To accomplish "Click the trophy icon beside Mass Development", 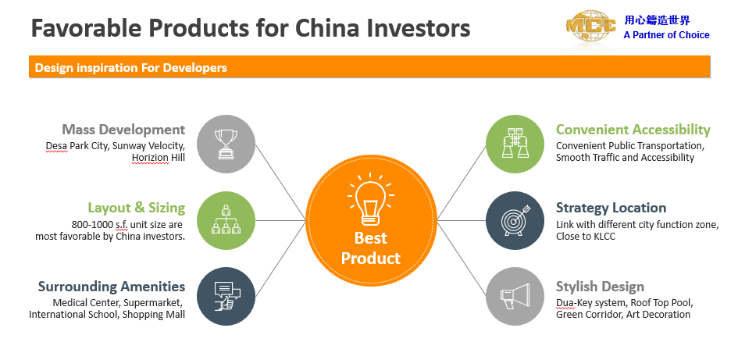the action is coord(226,144).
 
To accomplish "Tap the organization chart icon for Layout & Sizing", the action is coord(226,219).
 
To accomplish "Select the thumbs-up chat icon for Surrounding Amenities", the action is coord(226,296).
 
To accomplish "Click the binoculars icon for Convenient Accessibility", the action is coord(515,144).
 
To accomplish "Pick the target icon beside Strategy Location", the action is coord(515,219).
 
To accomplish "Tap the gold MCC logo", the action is coord(590,27).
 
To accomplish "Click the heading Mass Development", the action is coord(124,130).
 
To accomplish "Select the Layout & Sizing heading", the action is coord(137,208).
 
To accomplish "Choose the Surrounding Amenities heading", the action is coord(112,286).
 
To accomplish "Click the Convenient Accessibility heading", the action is coord(633,130).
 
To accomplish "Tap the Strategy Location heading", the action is coord(611,208).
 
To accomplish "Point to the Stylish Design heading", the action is coord(600,287).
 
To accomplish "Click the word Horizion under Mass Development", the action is coord(150,157).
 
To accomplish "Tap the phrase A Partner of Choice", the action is coord(666,35).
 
